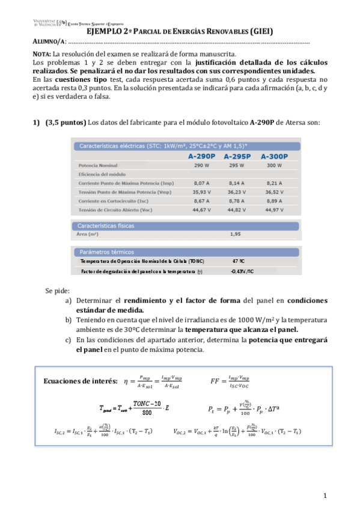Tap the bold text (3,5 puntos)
66,122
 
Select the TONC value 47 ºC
237,262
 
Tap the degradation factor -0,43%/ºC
242,271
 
